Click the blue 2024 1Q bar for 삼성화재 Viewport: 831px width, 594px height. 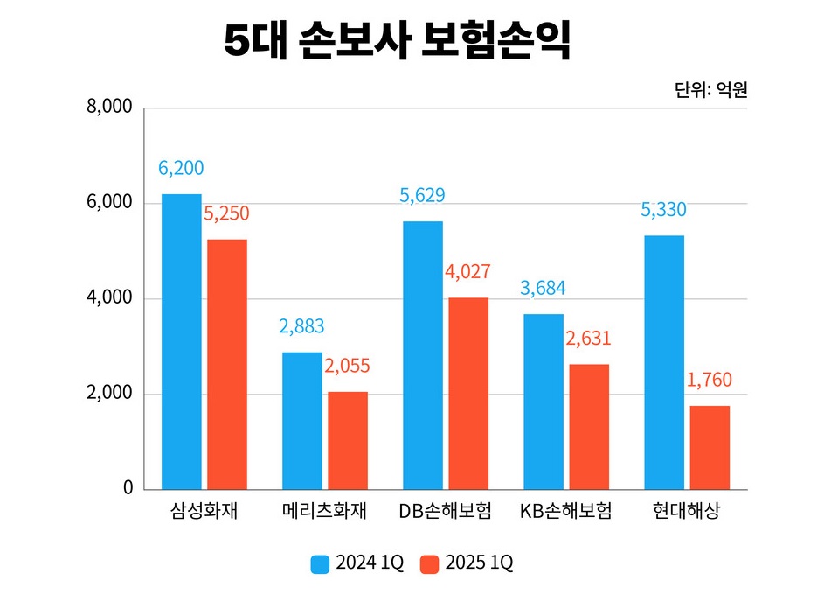[x=181, y=341]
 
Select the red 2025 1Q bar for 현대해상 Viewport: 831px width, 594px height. [x=709, y=447]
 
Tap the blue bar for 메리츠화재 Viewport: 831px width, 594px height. [x=301, y=420]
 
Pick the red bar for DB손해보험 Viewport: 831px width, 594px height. [x=467, y=393]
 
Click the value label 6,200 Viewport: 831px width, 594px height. [x=181, y=168]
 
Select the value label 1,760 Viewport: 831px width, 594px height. [x=710, y=381]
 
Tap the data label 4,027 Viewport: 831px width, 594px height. [x=467, y=272]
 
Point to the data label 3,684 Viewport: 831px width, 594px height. [x=544, y=289]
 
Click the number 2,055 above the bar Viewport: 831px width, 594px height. [x=348, y=367]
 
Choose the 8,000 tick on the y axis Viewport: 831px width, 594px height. [x=109, y=108]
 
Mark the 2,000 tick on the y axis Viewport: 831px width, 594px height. [x=109, y=394]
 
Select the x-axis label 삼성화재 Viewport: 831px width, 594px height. [x=204, y=512]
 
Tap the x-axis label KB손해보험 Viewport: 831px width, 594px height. [x=565, y=512]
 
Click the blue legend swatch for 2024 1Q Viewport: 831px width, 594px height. [x=320, y=563]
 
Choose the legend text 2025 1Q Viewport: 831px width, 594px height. [x=478, y=563]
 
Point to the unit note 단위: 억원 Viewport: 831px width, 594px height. [x=710, y=89]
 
